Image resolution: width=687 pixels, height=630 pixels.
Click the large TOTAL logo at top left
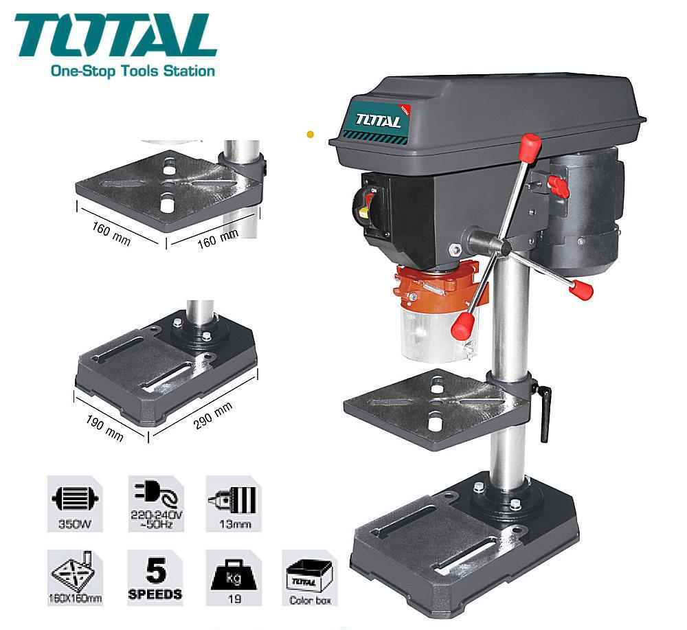115,36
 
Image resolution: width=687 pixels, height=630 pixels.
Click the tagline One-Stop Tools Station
133,71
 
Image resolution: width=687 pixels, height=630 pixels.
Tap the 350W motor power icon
75,504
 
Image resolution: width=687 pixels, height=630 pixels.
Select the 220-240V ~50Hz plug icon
156,504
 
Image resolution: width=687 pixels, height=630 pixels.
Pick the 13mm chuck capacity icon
234,504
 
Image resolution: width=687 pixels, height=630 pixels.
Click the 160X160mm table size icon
75,578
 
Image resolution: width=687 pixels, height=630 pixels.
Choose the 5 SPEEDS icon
155,578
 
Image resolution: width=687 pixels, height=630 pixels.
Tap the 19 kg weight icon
234,578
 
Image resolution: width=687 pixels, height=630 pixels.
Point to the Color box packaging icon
310,578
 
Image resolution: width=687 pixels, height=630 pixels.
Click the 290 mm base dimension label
213,416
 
